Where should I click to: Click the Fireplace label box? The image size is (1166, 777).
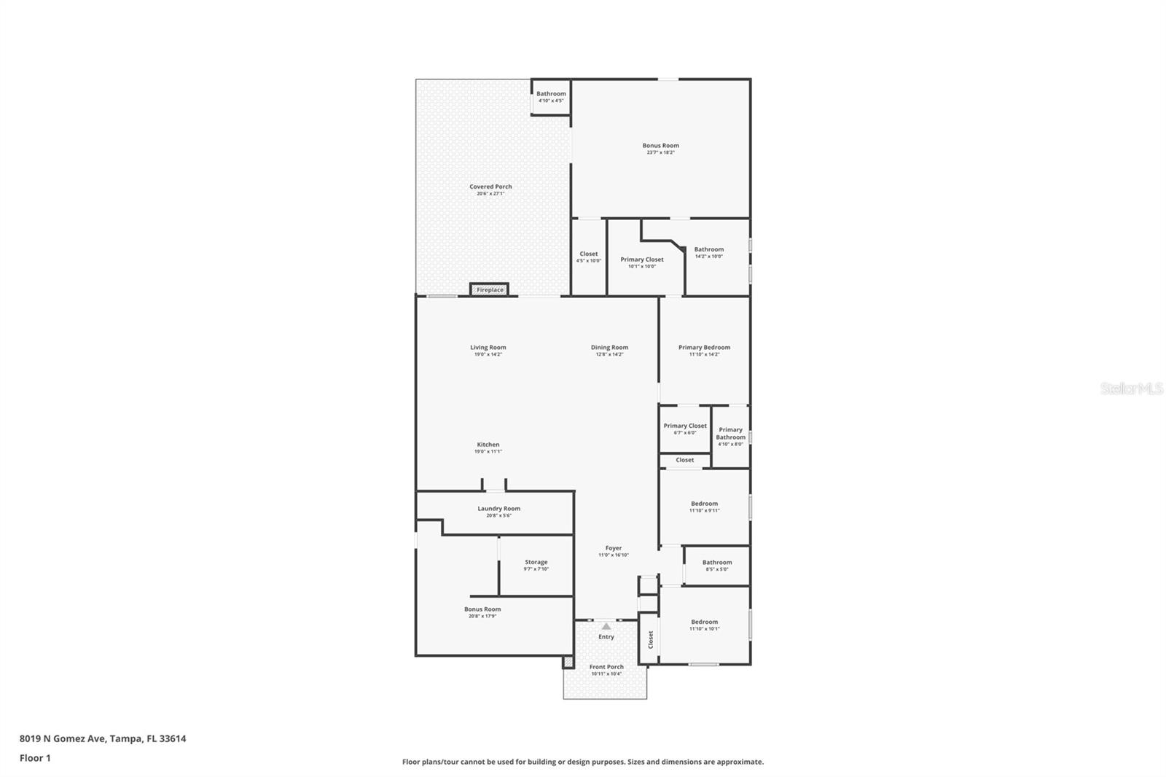click(490, 290)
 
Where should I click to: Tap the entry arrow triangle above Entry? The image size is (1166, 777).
click(606, 626)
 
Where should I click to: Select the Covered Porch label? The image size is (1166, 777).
click(490, 187)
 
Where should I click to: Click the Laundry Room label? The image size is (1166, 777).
click(499, 509)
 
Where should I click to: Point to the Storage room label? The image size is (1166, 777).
click(536, 563)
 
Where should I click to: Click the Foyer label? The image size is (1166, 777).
click(614, 548)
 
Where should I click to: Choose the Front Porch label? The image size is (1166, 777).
click(606, 667)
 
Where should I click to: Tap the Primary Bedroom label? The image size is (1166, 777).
click(704, 348)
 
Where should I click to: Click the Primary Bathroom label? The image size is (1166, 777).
click(730, 434)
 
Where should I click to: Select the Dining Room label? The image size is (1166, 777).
click(609, 348)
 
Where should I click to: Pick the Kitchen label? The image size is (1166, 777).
click(488, 445)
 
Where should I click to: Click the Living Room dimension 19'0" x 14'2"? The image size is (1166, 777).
click(488, 354)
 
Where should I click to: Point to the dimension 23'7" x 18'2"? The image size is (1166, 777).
click(660, 152)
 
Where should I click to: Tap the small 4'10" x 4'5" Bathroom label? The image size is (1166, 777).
click(551, 94)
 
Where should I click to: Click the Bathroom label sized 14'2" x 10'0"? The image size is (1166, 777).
click(708, 249)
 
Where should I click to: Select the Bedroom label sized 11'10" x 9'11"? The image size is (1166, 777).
click(704, 504)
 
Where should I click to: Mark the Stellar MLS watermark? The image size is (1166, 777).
click(1131, 389)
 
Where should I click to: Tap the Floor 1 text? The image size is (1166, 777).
click(35, 758)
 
